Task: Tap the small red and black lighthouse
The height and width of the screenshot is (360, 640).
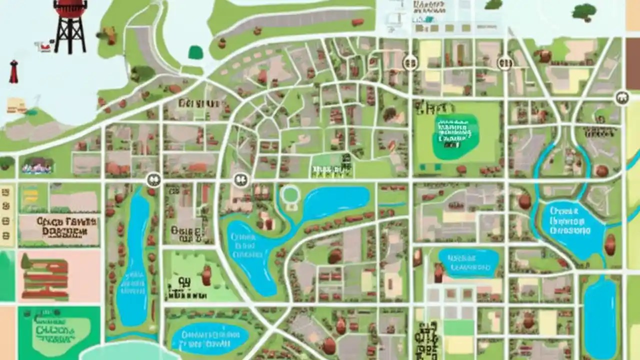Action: coord(13,71)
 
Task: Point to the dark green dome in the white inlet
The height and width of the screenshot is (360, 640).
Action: coord(195,52)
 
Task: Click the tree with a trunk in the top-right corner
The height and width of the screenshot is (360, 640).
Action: coord(584,12)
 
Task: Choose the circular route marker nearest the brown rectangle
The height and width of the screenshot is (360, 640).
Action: coord(622,97)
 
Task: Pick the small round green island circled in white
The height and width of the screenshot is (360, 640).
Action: coord(290,194)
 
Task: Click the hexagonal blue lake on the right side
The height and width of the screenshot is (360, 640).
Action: coord(570,227)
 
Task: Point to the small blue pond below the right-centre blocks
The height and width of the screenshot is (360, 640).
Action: coord(469,263)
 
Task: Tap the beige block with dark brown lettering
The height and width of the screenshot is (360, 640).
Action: coord(58,228)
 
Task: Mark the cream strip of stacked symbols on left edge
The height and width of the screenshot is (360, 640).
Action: coord(6,215)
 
